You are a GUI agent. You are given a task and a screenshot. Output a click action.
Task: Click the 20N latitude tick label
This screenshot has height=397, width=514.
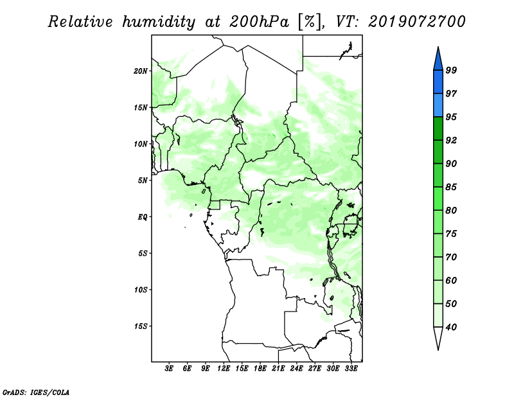click(141, 71)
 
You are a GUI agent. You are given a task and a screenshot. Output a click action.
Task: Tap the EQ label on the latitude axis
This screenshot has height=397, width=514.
click(142, 217)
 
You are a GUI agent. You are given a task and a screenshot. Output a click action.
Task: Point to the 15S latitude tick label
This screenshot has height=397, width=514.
click(141, 326)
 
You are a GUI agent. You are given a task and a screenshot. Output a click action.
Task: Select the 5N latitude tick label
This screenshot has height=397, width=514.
click(143, 181)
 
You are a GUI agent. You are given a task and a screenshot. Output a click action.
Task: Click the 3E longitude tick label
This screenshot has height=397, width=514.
click(169, 368)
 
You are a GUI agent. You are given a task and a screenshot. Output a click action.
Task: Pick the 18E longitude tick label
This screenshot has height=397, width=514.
click(260, 368)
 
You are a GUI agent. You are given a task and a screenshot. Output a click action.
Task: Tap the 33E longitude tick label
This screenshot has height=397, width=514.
click(351, 368)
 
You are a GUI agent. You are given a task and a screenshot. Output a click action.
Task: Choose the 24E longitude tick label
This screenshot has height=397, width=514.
click(296, 368)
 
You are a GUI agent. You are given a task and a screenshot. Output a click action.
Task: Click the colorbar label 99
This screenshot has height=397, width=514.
click(451, 70)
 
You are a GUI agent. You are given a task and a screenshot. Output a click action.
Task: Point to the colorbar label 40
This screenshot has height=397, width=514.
click(451, 327)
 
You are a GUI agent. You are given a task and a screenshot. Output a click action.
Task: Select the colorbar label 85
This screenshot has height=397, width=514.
click(451, 187)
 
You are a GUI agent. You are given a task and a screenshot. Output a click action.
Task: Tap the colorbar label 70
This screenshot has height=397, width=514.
click(451, 257)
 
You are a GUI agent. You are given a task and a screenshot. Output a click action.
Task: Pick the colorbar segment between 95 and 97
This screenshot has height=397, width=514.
click(438, 105)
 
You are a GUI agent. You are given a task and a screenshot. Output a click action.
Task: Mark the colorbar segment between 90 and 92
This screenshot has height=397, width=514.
click(438, 152)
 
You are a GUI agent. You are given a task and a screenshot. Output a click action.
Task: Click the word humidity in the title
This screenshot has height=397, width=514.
click(159, 22)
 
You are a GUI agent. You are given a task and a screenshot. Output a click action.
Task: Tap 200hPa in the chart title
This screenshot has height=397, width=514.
click(260, 22)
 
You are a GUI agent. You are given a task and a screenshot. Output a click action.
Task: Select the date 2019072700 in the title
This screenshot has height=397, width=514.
click(416, 22)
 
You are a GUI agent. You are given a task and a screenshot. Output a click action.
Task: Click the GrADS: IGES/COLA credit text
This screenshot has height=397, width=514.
click(36, 393)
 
